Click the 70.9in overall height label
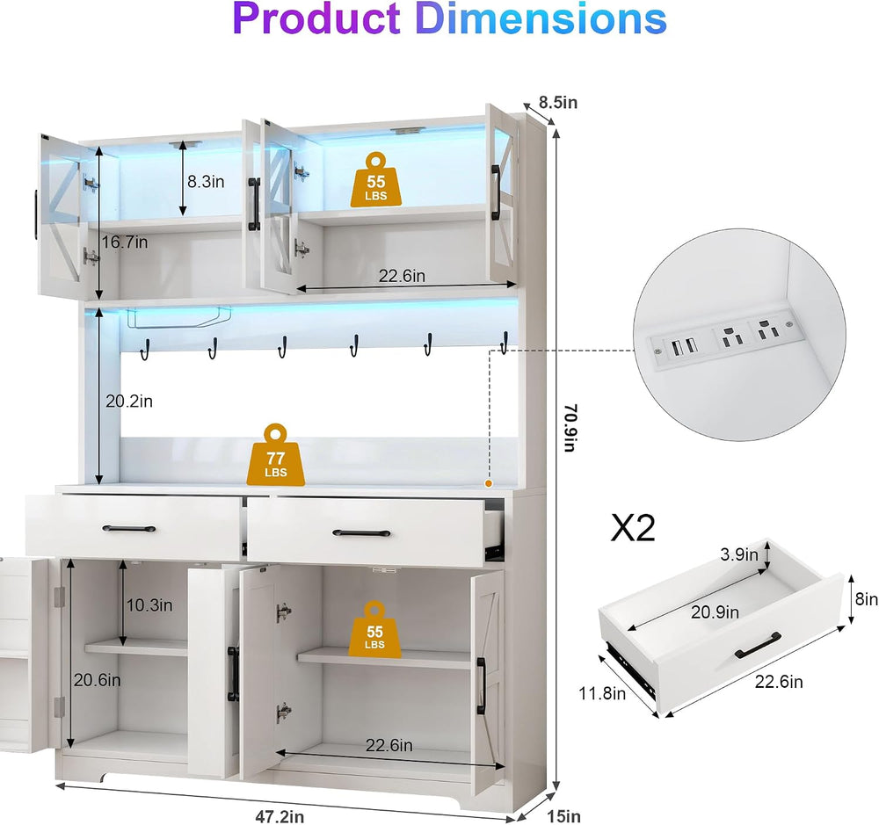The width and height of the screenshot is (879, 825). point(570,428)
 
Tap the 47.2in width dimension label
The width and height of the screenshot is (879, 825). point(280,816)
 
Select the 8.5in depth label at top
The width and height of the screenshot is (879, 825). point(558,103)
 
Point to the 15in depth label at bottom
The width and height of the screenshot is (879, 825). point(564,815)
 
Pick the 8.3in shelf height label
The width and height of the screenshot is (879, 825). point(206,182)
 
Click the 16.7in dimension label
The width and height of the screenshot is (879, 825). point(125,242)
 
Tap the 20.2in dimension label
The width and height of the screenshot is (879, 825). point(129,402)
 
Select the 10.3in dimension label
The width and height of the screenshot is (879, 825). point(149,605)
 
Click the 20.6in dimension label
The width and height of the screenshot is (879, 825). point(97,680)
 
